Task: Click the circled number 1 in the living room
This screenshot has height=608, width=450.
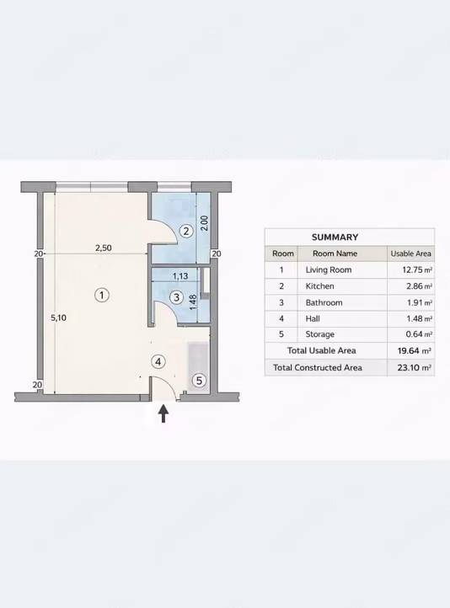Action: (102, 295)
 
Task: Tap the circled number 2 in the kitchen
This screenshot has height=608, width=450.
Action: (186, 231)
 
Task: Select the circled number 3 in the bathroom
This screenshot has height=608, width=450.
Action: (176, 297)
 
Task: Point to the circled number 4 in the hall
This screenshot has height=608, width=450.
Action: (158, 362)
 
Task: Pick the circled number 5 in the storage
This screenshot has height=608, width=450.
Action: (199, 381)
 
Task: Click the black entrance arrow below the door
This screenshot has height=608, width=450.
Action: (163, 413)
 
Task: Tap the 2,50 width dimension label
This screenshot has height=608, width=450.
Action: (104, 248)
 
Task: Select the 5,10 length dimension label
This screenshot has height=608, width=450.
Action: (59, 318)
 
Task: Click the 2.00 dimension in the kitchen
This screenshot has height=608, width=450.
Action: (205, 223)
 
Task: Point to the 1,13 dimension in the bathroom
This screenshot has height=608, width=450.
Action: (180, 276)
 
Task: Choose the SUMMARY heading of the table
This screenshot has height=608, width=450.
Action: (335, 237)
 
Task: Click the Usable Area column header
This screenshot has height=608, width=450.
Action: (411, 253)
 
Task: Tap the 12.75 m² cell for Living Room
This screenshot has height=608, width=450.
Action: (417, 269)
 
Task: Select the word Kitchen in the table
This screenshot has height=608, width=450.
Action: (319, 286)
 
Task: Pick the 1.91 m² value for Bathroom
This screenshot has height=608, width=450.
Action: (420, 302)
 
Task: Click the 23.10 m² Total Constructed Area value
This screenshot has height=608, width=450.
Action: (414, 368)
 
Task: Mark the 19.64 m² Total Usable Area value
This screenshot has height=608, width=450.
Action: (414, 351)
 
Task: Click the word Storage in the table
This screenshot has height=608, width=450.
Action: (319, 334)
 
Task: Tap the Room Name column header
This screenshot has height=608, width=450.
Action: (335, 253)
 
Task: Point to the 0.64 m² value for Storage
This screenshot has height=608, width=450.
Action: (419, 334)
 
